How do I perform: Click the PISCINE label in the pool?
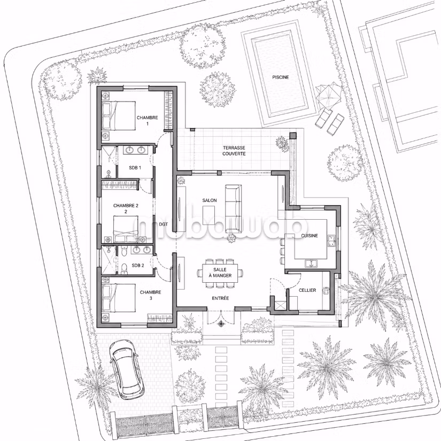[x=281, y=77]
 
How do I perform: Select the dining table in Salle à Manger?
[x=220, y=273]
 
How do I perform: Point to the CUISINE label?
[x=310, y=236]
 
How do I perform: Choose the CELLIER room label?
[x=307, y=290]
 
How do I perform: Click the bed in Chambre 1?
[x=119, y=115]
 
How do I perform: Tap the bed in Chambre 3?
[x=119, y=298]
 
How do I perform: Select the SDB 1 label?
[x=135, y=168]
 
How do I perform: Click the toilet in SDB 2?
[x=124, y=269]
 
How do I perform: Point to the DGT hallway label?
[x=164, y=224]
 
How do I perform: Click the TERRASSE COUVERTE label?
[x=234, y=151]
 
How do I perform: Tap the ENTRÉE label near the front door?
[x=220, y=298]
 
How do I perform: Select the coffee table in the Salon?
[x=208, y=215]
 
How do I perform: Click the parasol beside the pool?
[x=329, y=95]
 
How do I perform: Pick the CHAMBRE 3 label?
[x=150, y=295]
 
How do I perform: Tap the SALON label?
[x=210, y=200]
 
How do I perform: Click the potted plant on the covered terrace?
[x=282, y=143]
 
